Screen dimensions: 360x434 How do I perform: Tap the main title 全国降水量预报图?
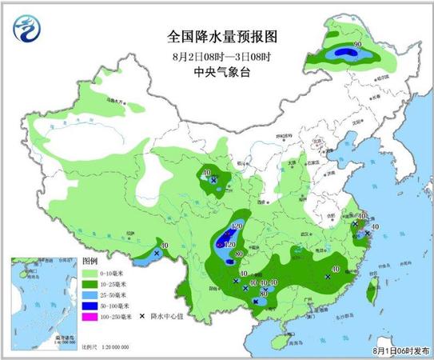coord(217,36)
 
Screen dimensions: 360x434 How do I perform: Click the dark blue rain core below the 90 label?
coord(347,54)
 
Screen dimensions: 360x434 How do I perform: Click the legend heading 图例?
coord(90,262)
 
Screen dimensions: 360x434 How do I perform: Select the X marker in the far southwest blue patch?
coord(157,253)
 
